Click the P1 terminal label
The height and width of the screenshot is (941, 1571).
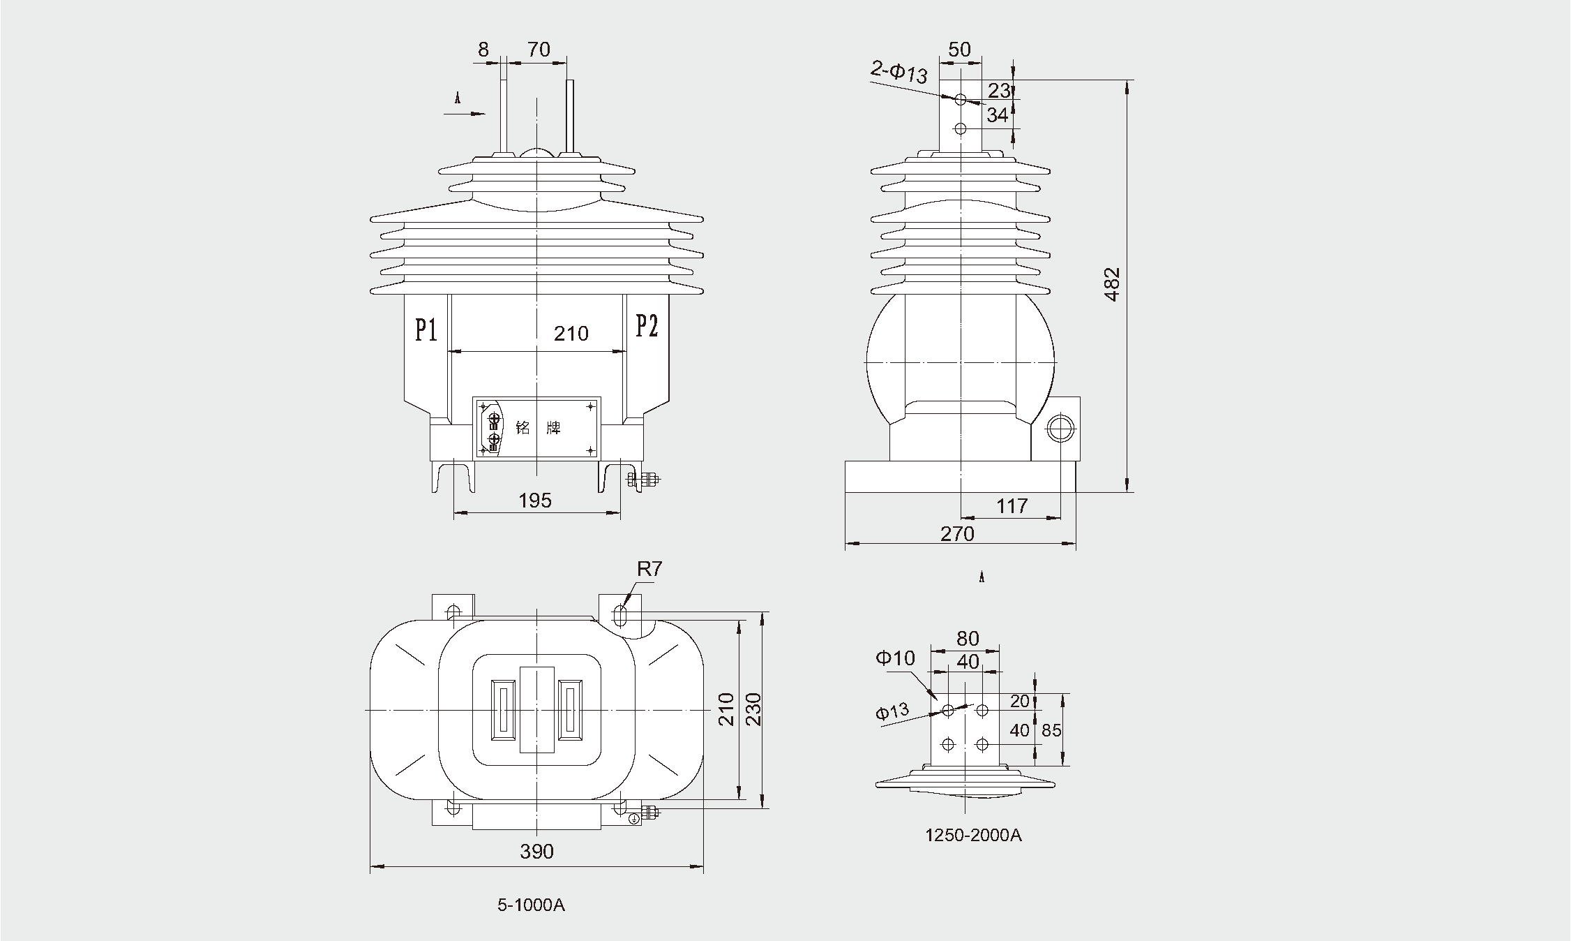pyautogui.click(x=426, y=329)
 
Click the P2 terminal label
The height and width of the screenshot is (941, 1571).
pyautogui.click(x=647, y=326)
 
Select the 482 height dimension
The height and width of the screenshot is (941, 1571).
pyautogui.click(x=1113, y=284)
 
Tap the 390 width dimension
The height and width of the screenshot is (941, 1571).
pyautogui.click(x=536, y=852)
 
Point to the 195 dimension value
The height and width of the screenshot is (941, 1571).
pyautogui.click(x=535, y=501)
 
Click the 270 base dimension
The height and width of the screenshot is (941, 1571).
pyautogui.click(x=957, y=534)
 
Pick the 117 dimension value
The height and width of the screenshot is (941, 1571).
pyautogui.click(x=1012, y=506)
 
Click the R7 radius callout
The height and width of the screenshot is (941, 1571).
pyautogui.click(x=649, y=570)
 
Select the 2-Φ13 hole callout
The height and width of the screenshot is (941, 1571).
pyautogui.click(x=899, y=72)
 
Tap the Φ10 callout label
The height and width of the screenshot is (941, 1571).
pyautogui.click(x=895, y=658)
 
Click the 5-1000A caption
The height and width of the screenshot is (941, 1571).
pyautogui.click(x=531, y=905)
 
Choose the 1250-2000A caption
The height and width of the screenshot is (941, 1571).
pyautogui.click(x=973, y=836)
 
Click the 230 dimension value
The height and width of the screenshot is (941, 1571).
pyautogui.click(x=753, y=709)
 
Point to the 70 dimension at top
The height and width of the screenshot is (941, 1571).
pyautogui.click(x=539, y=50)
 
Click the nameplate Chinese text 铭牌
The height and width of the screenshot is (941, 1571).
pyautogui.click(x=538, y=428)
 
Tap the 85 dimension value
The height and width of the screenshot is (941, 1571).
pyautogui.click(x=1051, y=730)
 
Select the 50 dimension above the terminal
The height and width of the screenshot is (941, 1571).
pyautogui.click(x=960, y=50)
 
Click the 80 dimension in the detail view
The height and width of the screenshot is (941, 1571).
pyautogui.click(x=968, y=639)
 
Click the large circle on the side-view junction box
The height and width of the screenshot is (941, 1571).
pyautogui.click(x=1060, y=429)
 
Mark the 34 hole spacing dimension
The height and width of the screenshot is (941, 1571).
pyautogui.click(x=998, y=115)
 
